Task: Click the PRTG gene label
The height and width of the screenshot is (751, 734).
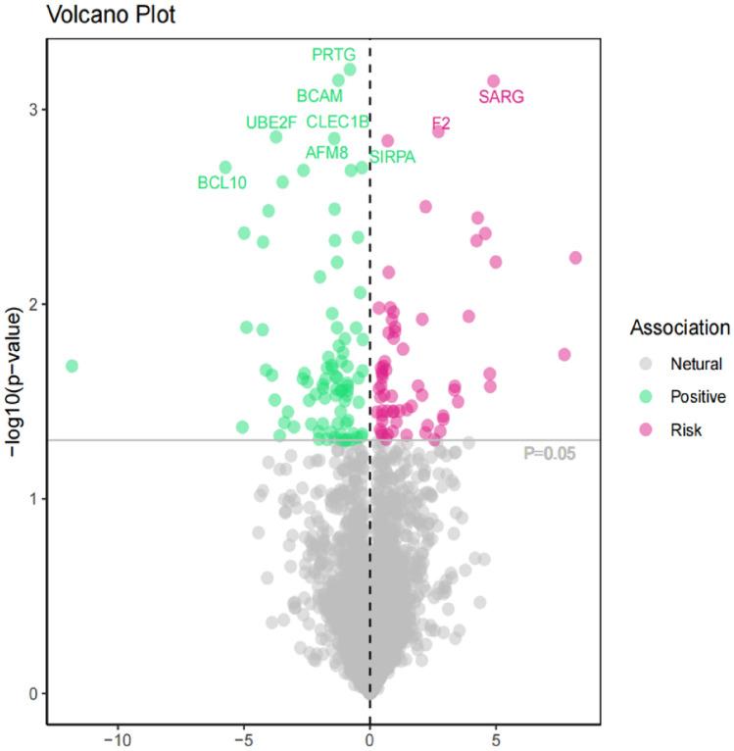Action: pos(333,54)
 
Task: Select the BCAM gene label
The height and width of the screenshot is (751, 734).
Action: pos(319,96)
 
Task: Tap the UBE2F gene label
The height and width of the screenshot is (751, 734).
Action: pos(270,123)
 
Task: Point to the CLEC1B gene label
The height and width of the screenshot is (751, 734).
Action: pos(337,123)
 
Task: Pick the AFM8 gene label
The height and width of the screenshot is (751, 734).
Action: pos(326,152)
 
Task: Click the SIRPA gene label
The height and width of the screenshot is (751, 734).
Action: pos(393,157)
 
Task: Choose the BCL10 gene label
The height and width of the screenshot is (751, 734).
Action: pos(222,181)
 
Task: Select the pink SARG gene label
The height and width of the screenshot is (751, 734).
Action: pos(501,96)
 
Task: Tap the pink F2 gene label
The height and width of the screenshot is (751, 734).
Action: pos(441,123)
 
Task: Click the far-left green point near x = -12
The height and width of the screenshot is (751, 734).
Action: pos(71,366)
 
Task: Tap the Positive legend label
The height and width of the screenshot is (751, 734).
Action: pos(697,396)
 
